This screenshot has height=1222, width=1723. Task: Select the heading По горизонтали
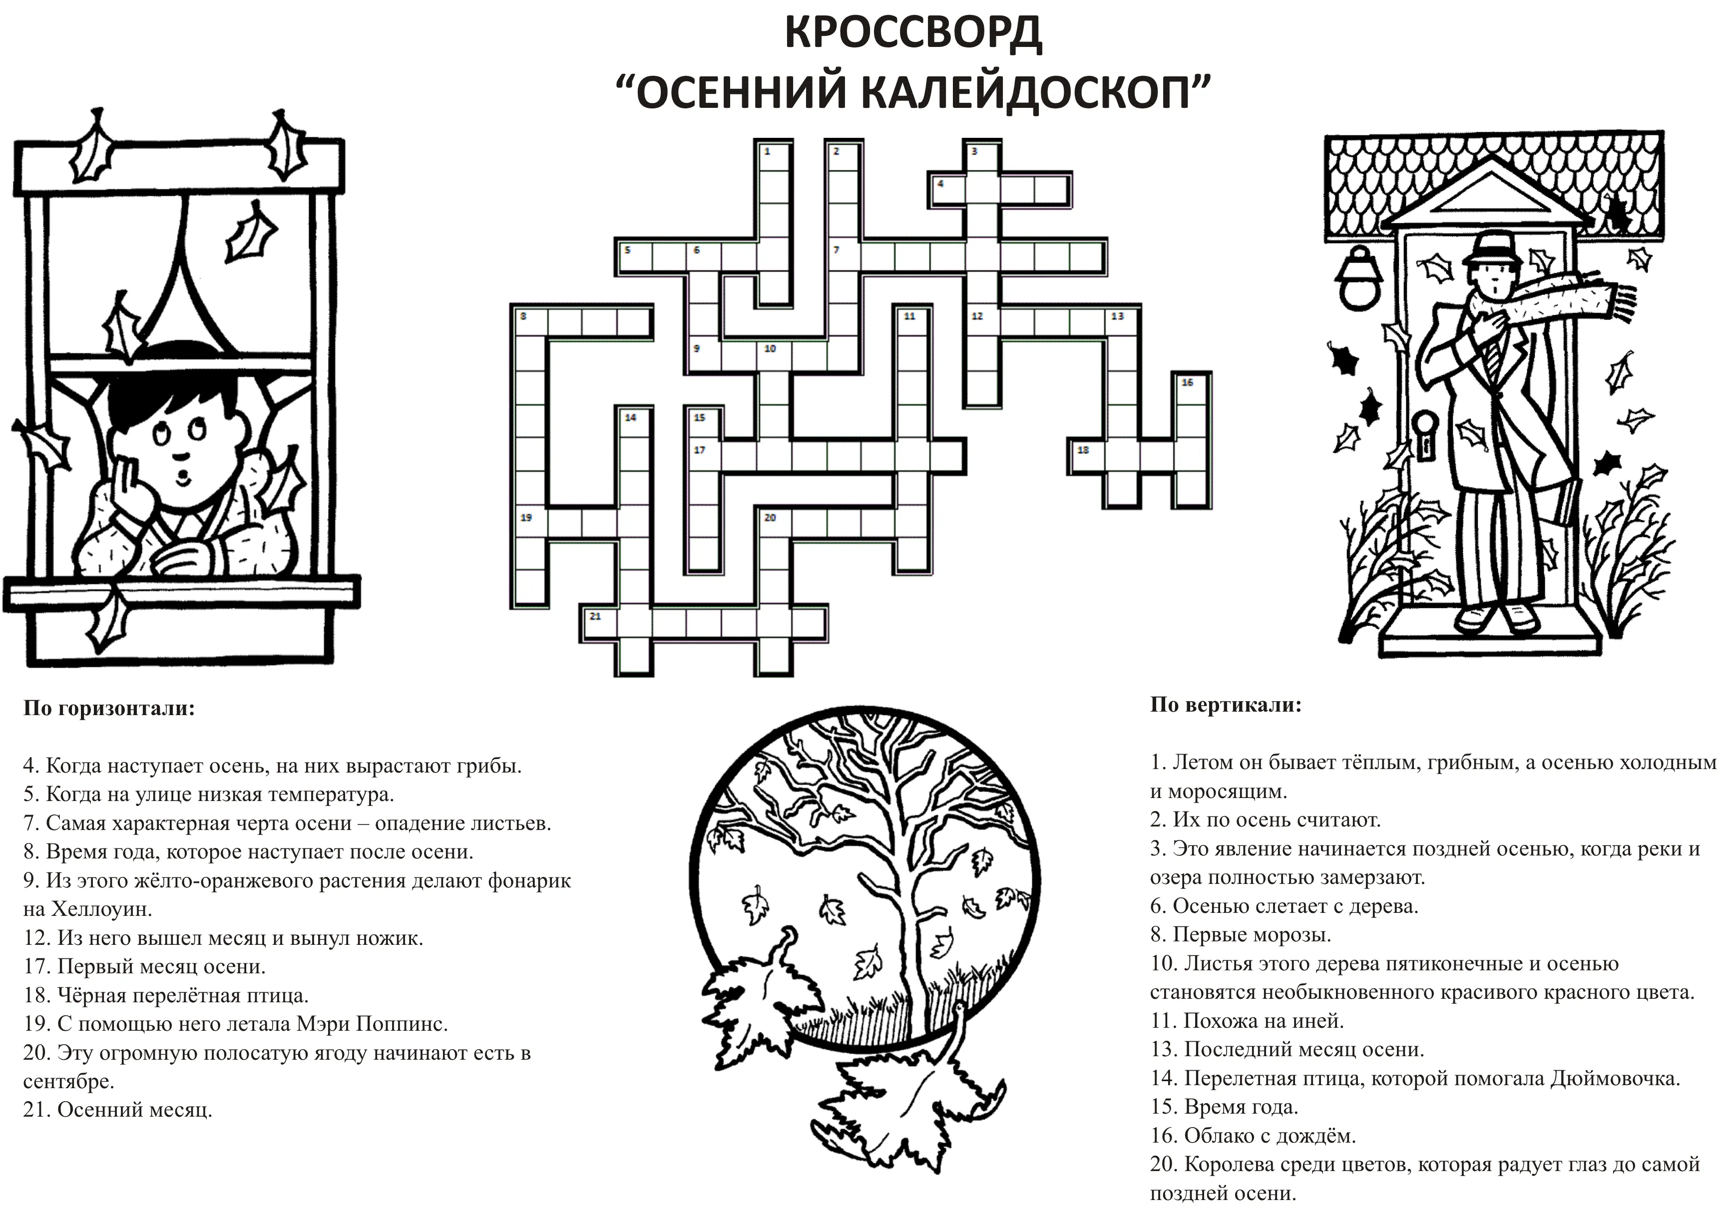coord(109,709)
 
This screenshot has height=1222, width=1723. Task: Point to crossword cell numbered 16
coord(1192,388)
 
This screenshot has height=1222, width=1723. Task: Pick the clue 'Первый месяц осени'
coord(161,966)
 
